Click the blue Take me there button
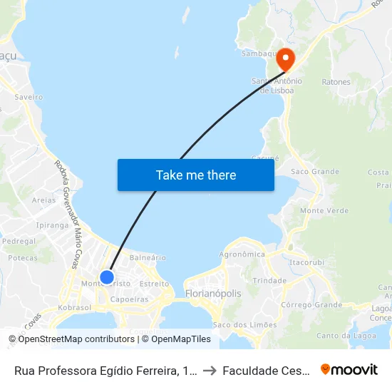[196, 175]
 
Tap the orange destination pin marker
[286, 58]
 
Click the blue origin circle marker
[107, 277]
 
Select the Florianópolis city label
[212, 294]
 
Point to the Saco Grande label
[315, 172]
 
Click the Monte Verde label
[324, 211]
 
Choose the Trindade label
[269, 281]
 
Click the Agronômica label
[242, 254]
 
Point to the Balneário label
[148, 257]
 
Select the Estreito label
[154, 283]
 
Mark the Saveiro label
[29, 97]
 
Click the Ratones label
[336, 82]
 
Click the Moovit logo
[349, 370]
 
